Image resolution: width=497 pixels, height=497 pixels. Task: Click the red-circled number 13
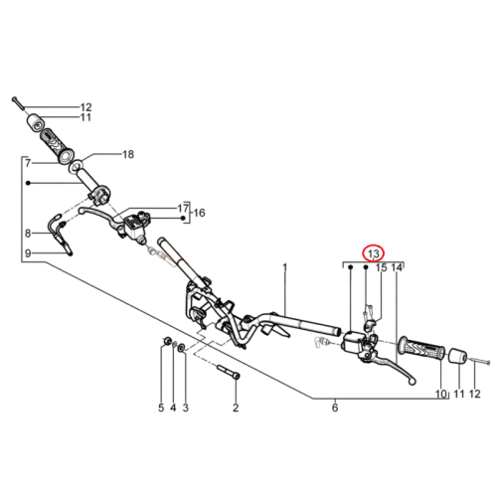point(373,253)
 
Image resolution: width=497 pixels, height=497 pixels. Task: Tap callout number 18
point(128,154)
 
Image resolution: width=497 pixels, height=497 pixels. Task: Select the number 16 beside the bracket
point(199,213)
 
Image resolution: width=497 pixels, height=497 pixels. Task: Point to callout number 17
point(183,209)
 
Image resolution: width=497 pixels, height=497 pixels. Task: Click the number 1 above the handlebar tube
point(285,267)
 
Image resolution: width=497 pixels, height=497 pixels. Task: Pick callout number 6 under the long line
point(335,408)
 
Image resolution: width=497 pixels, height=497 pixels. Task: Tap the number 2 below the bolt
point(236,408)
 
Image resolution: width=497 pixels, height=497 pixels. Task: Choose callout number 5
point(161,408)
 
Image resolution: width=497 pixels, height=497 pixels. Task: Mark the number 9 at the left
point(28,253)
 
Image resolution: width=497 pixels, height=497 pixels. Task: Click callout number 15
point(381,267)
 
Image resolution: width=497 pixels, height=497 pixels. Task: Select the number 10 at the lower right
point(441,394)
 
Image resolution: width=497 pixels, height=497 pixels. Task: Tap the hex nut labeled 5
point(167,340)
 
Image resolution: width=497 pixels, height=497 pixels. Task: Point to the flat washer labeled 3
point(182,348)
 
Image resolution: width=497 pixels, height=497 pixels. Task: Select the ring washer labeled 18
point(76,166)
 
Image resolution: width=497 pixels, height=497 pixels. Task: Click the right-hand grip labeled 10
point(422,349)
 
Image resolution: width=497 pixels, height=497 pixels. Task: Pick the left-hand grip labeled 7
point(57,145)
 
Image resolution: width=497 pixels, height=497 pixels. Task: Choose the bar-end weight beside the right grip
point(458,356)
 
